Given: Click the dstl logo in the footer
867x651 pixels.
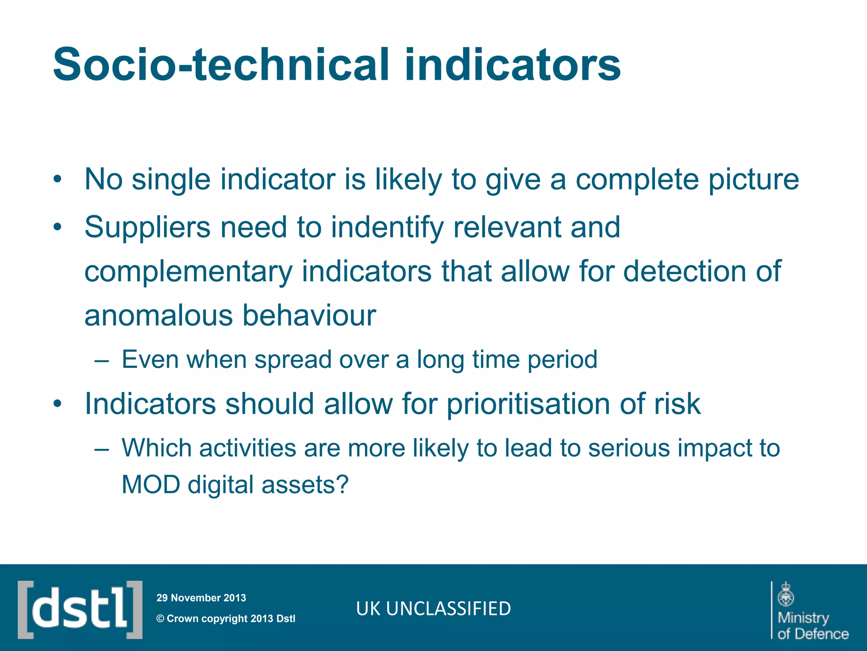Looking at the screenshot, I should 80,609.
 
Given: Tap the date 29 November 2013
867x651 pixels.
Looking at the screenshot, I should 201,598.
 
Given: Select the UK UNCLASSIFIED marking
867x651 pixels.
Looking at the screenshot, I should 433,609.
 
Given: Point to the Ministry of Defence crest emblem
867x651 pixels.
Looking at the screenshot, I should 786,594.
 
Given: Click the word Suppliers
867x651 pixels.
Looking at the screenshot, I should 147,227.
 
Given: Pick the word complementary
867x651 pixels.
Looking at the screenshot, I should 188,271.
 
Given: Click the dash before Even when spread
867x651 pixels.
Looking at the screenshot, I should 102,361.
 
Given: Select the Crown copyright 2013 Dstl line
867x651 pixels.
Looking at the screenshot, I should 226,618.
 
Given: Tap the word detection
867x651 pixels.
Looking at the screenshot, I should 685,271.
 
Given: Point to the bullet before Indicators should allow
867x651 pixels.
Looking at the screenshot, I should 58,404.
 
